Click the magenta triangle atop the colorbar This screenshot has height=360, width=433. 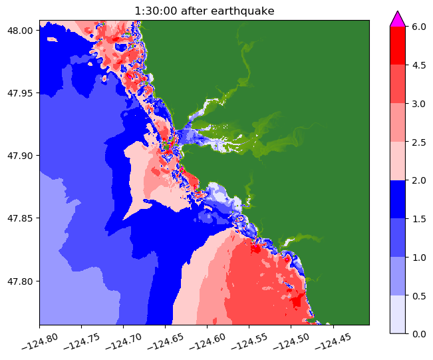click(398, 19)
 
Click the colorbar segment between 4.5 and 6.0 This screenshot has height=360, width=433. click(398, 45)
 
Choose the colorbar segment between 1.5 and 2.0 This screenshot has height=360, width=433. click(398, 199)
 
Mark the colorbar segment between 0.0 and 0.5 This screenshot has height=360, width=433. click(398, 313)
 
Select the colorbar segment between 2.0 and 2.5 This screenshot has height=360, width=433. click(398, 160)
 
